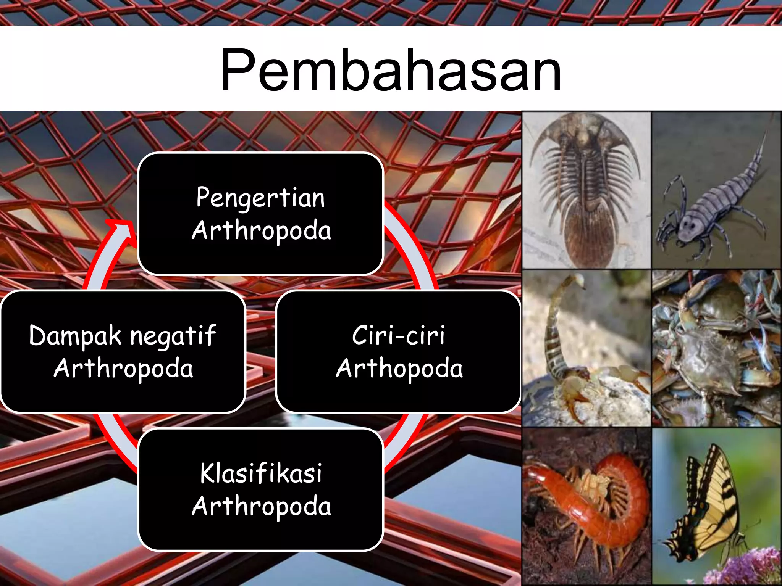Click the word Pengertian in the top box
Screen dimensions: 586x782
260,198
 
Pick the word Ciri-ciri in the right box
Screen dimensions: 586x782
398,336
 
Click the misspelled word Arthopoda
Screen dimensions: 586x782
399,369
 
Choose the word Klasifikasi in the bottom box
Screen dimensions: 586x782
261,473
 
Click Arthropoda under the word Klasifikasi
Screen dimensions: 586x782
261,507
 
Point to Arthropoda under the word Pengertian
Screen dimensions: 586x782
261,231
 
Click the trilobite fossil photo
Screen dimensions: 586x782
586,190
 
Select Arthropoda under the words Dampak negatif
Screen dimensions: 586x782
123,369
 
